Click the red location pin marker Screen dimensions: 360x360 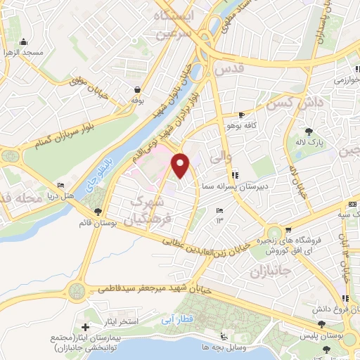tap(181, 166)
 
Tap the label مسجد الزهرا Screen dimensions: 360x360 tap(22, 53)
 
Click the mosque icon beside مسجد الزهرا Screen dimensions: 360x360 tap(23, 41)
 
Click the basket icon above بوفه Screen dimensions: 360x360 tap(136, 89)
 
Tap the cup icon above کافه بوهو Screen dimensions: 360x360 tap(242, 115)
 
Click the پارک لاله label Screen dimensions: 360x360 tap(309, 142)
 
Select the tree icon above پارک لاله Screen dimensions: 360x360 tap(309, 131)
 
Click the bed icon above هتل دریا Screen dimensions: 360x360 tap(60, 185)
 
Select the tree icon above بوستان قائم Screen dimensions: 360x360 tap(98, 212)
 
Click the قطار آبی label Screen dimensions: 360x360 tap(172, 319)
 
